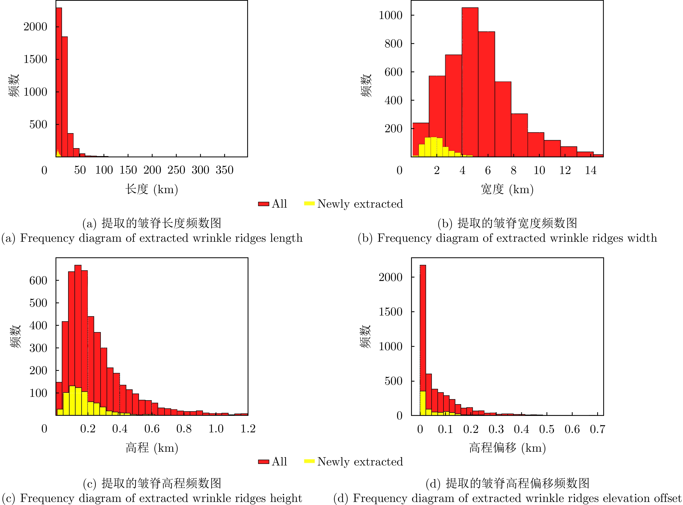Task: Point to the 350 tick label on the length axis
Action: click(x=224, y=170)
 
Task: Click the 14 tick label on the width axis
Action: click(x=590, y=170)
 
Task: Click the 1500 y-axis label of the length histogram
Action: click(x=35, y=59)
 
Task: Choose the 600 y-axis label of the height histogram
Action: click(x=38, y=280)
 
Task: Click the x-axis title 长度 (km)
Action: click(x=152, y=189)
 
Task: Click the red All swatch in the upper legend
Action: click(x=264, y=204)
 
